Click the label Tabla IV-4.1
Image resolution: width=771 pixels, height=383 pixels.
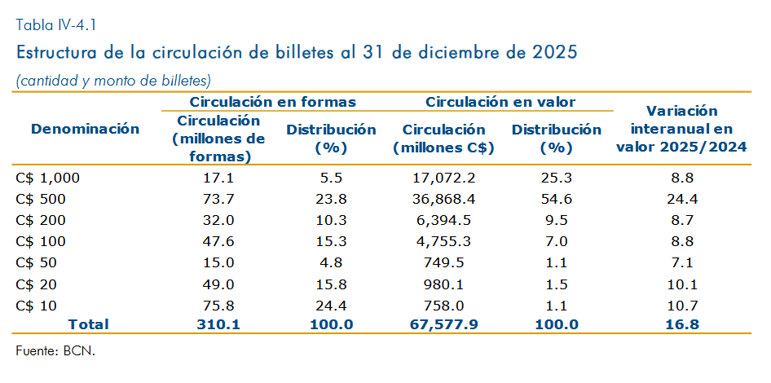click(x=55, y=25)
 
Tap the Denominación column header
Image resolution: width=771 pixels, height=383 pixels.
click(x=85, y=130)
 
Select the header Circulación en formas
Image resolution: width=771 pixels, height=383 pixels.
click(x=273, y=102)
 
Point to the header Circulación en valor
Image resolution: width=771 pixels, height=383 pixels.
click(x=500, y=102)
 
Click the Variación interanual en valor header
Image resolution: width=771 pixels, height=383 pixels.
click(x=681, y=129)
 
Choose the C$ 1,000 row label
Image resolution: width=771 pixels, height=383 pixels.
click(x=47, y=178)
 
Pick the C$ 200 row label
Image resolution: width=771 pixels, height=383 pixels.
click(x=40, y=221)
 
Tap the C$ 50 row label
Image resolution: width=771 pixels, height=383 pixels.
click(x=36, y=263)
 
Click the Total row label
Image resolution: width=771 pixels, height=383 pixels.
click(x=88, y=324)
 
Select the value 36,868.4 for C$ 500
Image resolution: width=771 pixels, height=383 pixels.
click(x=443, y=200)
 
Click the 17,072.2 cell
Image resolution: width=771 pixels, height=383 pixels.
click(x=443, y=178)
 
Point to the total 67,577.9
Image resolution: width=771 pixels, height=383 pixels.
click(x=443, y=324)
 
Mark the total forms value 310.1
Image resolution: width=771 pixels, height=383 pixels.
click(x=218, y=324)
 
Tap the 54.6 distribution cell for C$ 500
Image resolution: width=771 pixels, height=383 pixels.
click(x=557, y=200)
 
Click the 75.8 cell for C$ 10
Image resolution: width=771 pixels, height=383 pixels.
click(x=218, y=306)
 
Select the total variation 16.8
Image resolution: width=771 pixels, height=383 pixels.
click(x=681, y=324)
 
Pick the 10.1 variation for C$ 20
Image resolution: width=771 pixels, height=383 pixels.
click(x=681, y=284)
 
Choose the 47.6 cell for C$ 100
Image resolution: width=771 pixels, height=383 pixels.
click(x=218, y=242)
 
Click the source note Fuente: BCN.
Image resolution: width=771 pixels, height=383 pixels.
click(x=55, y=351)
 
